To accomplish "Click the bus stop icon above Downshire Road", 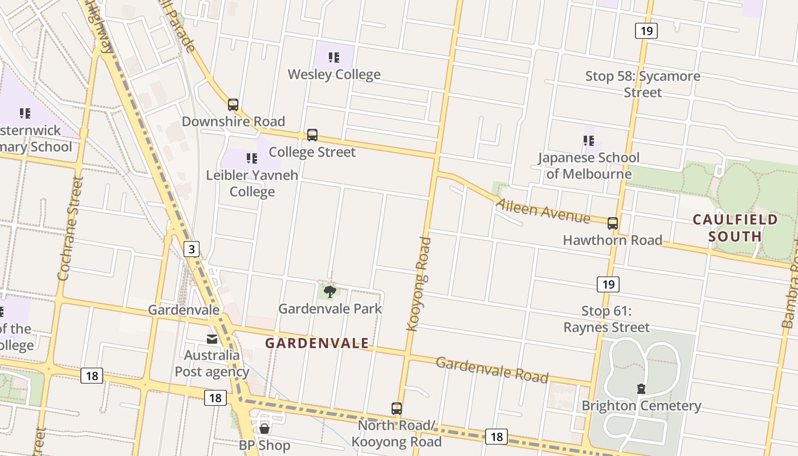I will tap(233, 105).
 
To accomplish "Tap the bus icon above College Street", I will tap(312, 135).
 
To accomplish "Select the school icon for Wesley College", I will tap(334, 58).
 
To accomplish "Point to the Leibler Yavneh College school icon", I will tap(251, 158).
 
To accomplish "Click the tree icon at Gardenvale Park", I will tap(329, 292).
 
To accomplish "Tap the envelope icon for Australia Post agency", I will tap(212, 339).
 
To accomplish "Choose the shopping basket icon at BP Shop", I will tap(264, 428).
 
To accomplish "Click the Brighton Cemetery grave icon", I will tap(641, 389).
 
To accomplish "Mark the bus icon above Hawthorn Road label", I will tap(613, 223).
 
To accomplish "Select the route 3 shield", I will tap(192, 249).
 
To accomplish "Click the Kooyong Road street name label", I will tap(420, 284).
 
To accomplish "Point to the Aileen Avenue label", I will tap(543, 211).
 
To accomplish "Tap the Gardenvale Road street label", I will tap(492, 370).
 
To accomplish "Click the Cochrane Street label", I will tap(70, 229).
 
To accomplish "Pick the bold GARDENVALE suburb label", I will tap(317, 343).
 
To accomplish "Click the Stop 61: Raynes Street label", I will tap(606, 319).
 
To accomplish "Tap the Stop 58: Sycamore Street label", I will tap(642, 84).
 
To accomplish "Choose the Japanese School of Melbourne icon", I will tap(589, 140).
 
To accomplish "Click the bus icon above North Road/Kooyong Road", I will tap(397, 409).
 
